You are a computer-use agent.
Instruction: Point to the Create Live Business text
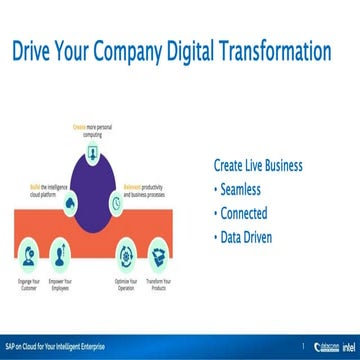258,165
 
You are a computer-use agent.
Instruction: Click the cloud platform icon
69,203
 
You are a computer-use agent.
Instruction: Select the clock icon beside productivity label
116,203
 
